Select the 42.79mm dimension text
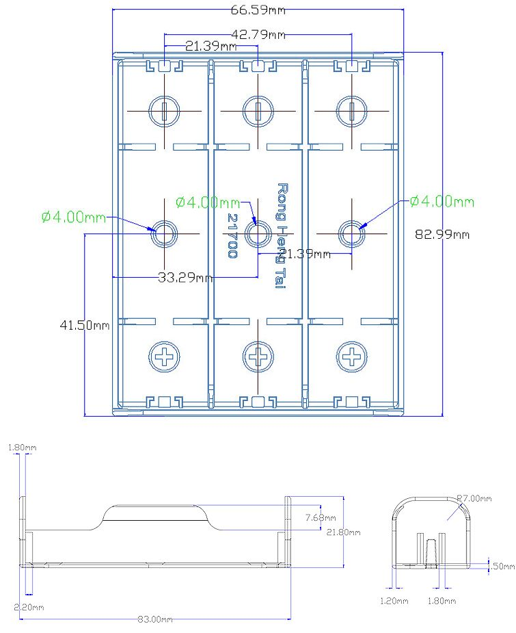(258, 34)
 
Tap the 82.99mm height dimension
(442, 234)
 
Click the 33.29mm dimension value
(185, 277)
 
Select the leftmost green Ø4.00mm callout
(73, 217)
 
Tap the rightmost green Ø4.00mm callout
(442, 201)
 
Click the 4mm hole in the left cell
(165, 233)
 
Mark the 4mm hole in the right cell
(351, 233)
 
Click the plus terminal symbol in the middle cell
(258, 356)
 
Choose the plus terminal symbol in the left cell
(165, 356)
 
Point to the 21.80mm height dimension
(343, 532)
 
